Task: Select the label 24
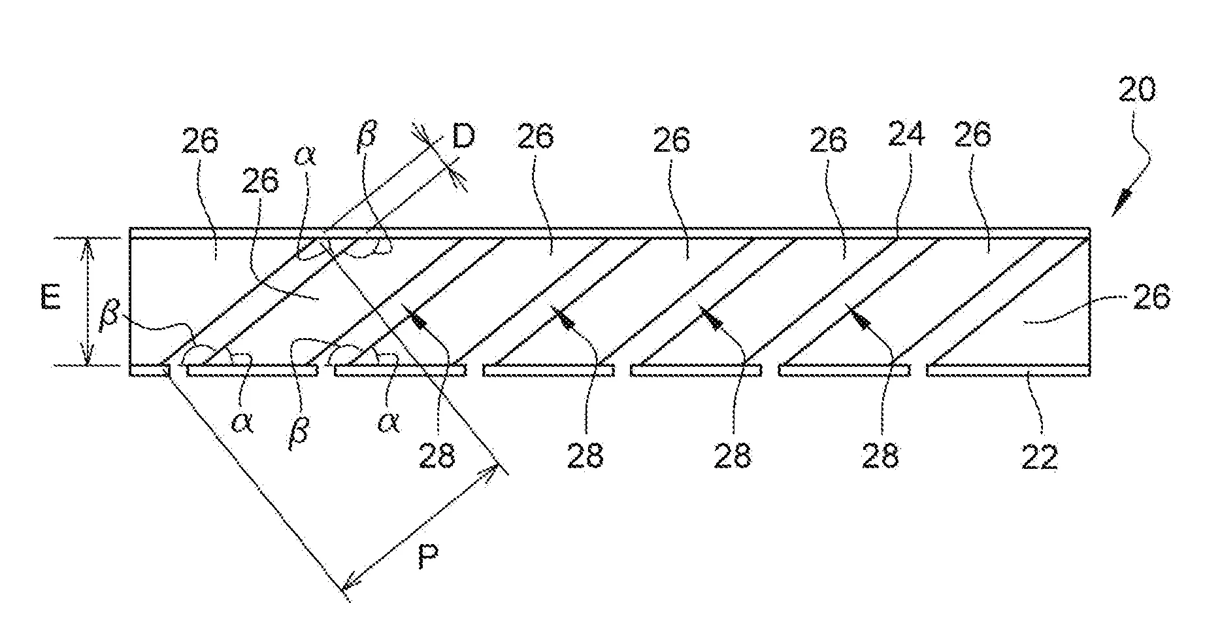pos(906,135)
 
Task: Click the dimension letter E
pos(50,299)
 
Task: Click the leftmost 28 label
pos(437,456)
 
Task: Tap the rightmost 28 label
pos(880,456)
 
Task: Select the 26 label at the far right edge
pos(1152,298)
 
